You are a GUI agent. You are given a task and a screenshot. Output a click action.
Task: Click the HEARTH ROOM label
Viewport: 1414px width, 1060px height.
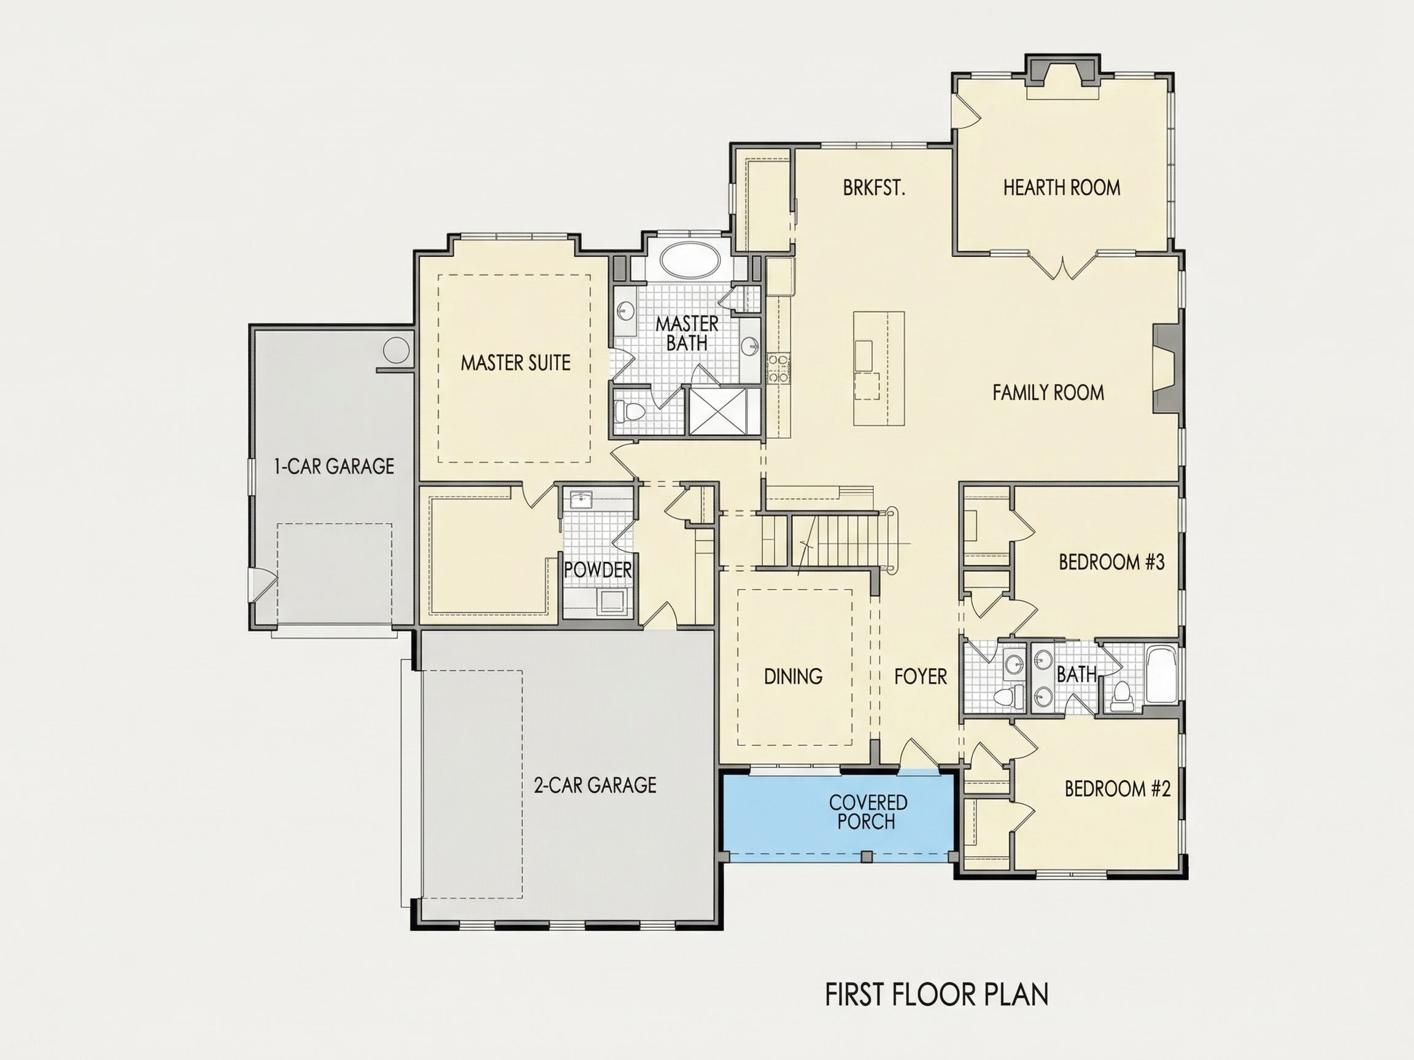pos(1062,187)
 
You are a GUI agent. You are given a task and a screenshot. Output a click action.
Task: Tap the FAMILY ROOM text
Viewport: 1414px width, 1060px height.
pos(1048,393)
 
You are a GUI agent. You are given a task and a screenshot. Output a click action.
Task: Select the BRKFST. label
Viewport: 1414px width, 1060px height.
pos(874,188)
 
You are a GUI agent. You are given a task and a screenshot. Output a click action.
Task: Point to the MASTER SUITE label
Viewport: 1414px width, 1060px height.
pos(516,363)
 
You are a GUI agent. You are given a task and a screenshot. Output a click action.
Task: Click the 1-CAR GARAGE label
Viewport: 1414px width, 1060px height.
pos(334,466)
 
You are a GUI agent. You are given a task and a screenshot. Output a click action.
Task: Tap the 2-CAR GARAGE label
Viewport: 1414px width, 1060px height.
pos(595,785)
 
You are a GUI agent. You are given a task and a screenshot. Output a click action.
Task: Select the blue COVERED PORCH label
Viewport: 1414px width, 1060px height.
pos(868,812)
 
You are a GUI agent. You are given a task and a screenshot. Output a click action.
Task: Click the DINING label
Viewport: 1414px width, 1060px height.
pos(794,676)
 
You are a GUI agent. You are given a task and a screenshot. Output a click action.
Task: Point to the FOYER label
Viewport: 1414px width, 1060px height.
pos(921,676)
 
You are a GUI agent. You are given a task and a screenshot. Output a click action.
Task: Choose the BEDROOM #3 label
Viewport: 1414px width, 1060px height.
pos(1111,562)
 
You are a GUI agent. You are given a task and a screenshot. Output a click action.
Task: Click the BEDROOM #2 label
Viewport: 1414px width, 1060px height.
pos(1118,789)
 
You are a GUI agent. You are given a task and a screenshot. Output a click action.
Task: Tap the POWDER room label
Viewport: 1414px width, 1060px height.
pos(598,570)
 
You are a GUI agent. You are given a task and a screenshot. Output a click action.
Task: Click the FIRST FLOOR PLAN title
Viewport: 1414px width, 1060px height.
pos(937,995)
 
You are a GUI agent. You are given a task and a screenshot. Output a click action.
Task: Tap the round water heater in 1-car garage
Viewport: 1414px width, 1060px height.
pos(396,350)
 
